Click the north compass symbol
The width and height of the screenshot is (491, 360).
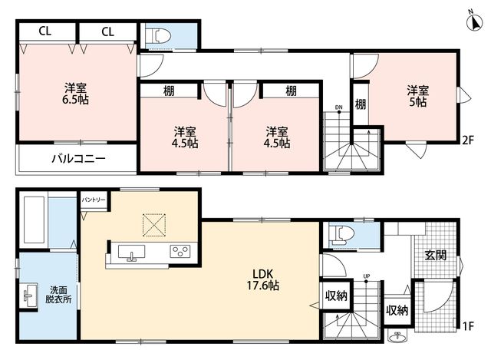(x=474, y=21)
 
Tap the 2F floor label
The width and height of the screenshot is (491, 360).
(x=468, y=140)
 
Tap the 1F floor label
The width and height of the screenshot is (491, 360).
(x=468, y=327)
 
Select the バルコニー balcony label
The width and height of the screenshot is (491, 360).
(x=78, y=158)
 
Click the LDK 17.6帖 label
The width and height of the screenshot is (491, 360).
(x=263, y=280)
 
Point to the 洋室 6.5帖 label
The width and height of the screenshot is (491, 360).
(x=75, y=94)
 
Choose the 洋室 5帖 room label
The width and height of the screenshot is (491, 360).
(x=418, y=96)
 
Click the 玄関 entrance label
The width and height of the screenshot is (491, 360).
(x=436, y=256)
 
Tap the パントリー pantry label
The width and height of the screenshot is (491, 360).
(x=94, y=200)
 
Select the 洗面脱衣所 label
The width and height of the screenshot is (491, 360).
(x=58, y=295)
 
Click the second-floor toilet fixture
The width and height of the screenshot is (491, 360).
(x=162, y=36)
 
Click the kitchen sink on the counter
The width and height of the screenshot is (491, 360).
(x=131, y=252)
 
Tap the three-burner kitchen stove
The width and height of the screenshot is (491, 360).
(x=180, y=251)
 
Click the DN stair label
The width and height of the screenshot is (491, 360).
(x=339, y=107)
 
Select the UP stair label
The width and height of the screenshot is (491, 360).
(x=367, y=276)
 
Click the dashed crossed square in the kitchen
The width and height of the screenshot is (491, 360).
(x=154, y=225)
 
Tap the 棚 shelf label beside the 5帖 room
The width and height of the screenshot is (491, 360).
(x=361, y=104)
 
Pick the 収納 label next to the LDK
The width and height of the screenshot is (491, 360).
(x=336, y=296)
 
